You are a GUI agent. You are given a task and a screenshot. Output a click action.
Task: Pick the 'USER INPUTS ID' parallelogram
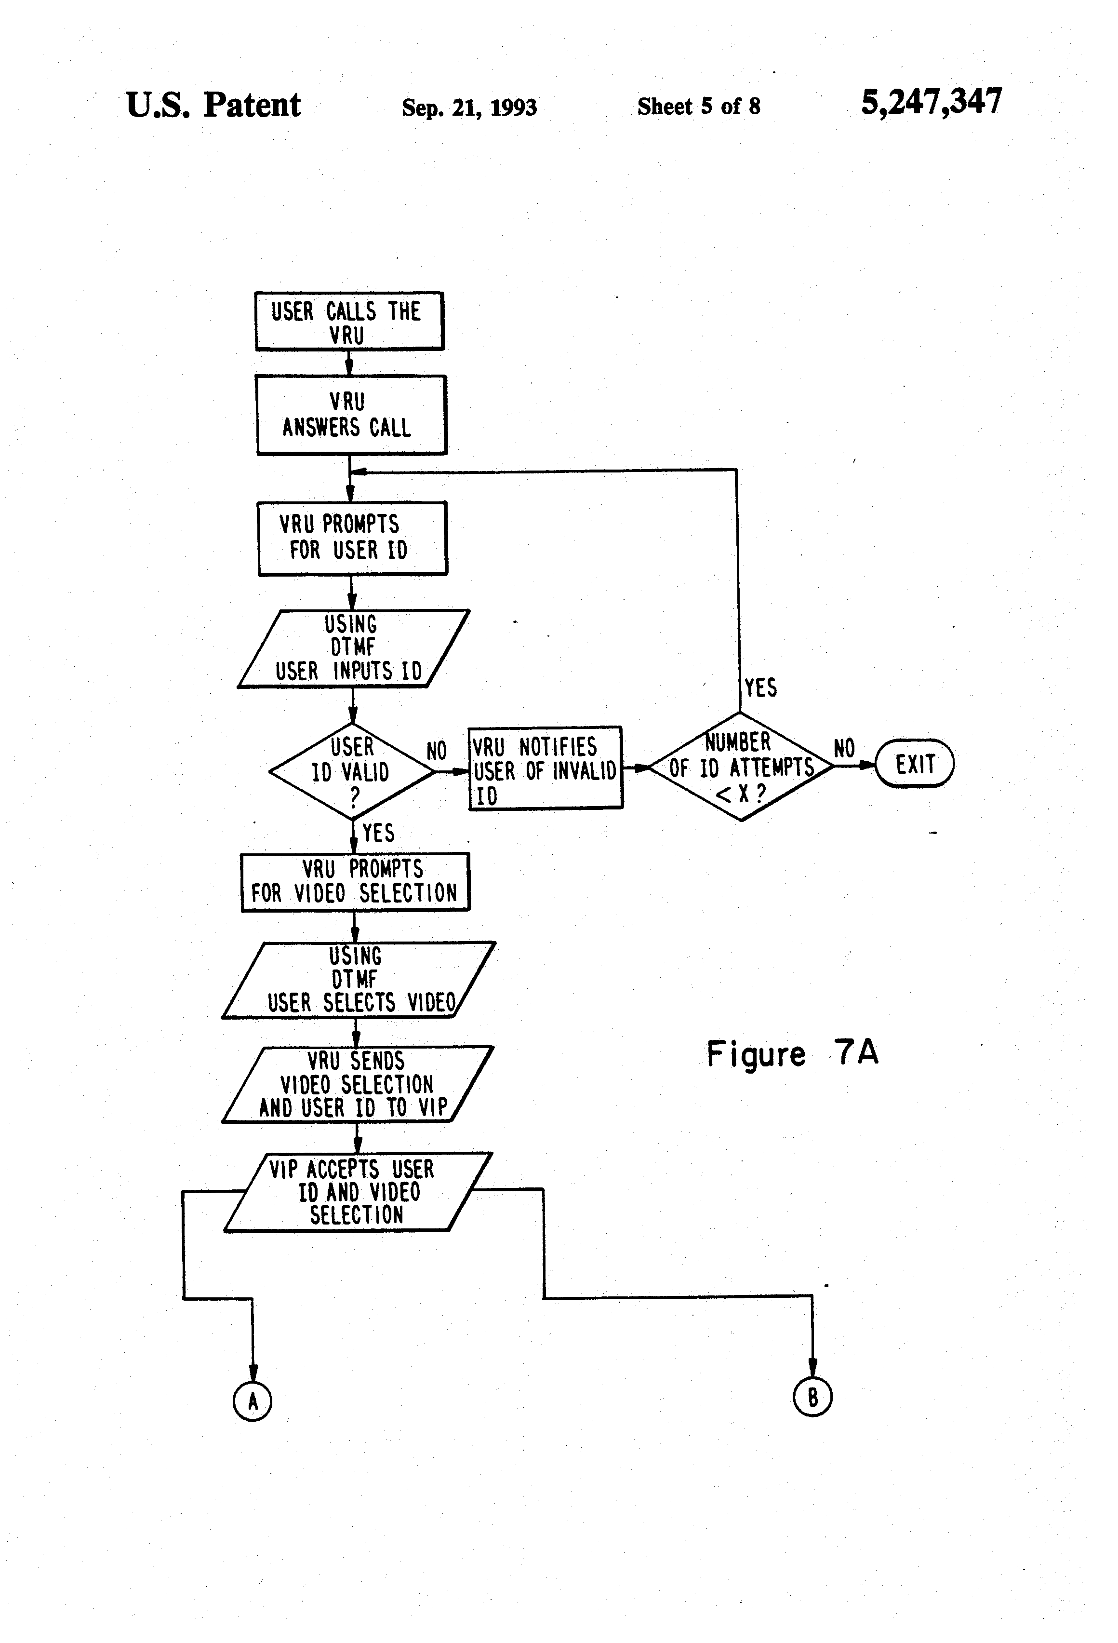pyautogui.click(x=353, y=648)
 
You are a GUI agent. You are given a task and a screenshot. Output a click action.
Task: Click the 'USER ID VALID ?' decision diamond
pyautogui.click(x=352, y=771)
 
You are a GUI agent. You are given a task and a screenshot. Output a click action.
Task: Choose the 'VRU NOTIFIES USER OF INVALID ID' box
pyautogui.click(x=546, y=768)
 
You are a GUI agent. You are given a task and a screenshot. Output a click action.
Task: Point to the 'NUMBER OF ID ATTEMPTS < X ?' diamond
pyautogui.click(x=741, y=767)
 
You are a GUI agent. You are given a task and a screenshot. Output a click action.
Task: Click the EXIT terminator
pyautogui.click(x=915, y=764)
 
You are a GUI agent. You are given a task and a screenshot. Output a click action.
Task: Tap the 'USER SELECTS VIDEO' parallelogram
pyautogui.click(x=359, y=980)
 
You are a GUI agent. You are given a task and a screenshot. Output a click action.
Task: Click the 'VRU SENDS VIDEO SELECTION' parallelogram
pyautogui.click(x=358, y=1085)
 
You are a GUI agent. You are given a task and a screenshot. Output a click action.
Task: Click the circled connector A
pyautogui.click(x=253, y=1401)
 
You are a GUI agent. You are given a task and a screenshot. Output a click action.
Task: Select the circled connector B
pyautogui.click(x=812, y=1397)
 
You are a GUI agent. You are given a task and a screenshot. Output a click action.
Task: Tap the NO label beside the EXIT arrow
pyautogui.click(x=844, y=748)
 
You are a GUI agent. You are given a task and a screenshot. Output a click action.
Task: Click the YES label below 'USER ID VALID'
pyautogui.click(x=378, y=833)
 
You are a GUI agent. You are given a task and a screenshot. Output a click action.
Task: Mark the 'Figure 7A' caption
pyautogui.click(x=792, y=1053)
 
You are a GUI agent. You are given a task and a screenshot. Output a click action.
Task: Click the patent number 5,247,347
pyautogui.click(x=932, y=102)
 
